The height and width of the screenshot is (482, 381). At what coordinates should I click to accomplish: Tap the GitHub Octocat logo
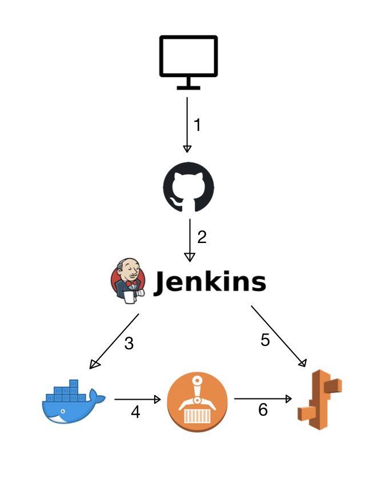click(x=189, y=186)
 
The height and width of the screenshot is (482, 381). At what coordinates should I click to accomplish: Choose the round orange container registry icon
click(x=197, y=401)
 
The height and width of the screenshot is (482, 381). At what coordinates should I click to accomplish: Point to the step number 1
click(x=198, y=125)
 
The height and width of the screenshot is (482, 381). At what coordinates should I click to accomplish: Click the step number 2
click(x=201, y=237)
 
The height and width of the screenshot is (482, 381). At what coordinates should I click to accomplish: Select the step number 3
click(x=129, y=344)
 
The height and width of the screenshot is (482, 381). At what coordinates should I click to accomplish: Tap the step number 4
click(x=135, y=412)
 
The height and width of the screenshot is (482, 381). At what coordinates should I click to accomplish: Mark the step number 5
click(x=265, y=340)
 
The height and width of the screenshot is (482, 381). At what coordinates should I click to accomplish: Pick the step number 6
click(x=263, y=411)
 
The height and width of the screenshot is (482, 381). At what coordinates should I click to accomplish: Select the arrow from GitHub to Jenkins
click(x=189, y=240)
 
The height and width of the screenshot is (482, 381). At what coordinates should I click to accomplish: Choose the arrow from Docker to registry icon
click(x=137, y=399)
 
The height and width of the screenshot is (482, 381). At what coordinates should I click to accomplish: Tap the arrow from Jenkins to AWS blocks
click(x=278, y=336)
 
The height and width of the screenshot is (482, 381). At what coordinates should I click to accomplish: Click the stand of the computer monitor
click(x=188, y=85)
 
